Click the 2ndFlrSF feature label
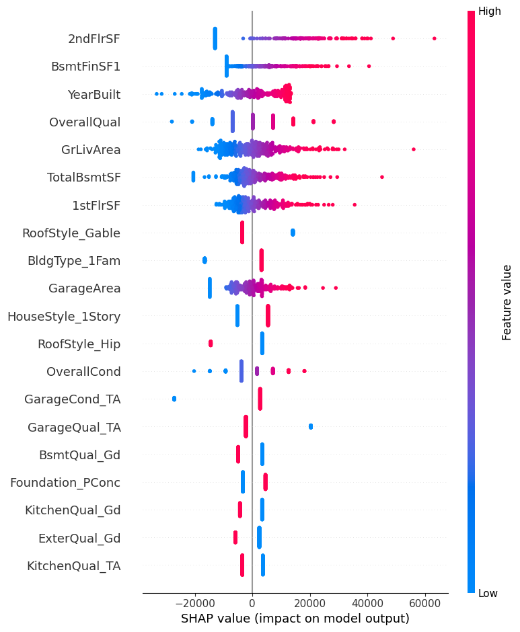94,38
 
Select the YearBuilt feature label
94,94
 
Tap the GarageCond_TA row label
73,399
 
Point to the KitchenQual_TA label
74,565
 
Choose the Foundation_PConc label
65,482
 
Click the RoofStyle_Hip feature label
79,344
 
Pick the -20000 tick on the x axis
195,603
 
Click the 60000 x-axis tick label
425,603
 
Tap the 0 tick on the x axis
252,603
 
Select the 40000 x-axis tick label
367,603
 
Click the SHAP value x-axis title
295,619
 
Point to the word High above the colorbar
489,11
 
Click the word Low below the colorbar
488,594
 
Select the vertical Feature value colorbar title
507,302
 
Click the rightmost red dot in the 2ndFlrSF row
435,38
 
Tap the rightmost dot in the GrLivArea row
413,149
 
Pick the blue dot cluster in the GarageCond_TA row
174,399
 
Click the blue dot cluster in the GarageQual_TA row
311,426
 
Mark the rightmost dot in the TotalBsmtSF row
381,177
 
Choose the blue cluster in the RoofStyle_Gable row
293,232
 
